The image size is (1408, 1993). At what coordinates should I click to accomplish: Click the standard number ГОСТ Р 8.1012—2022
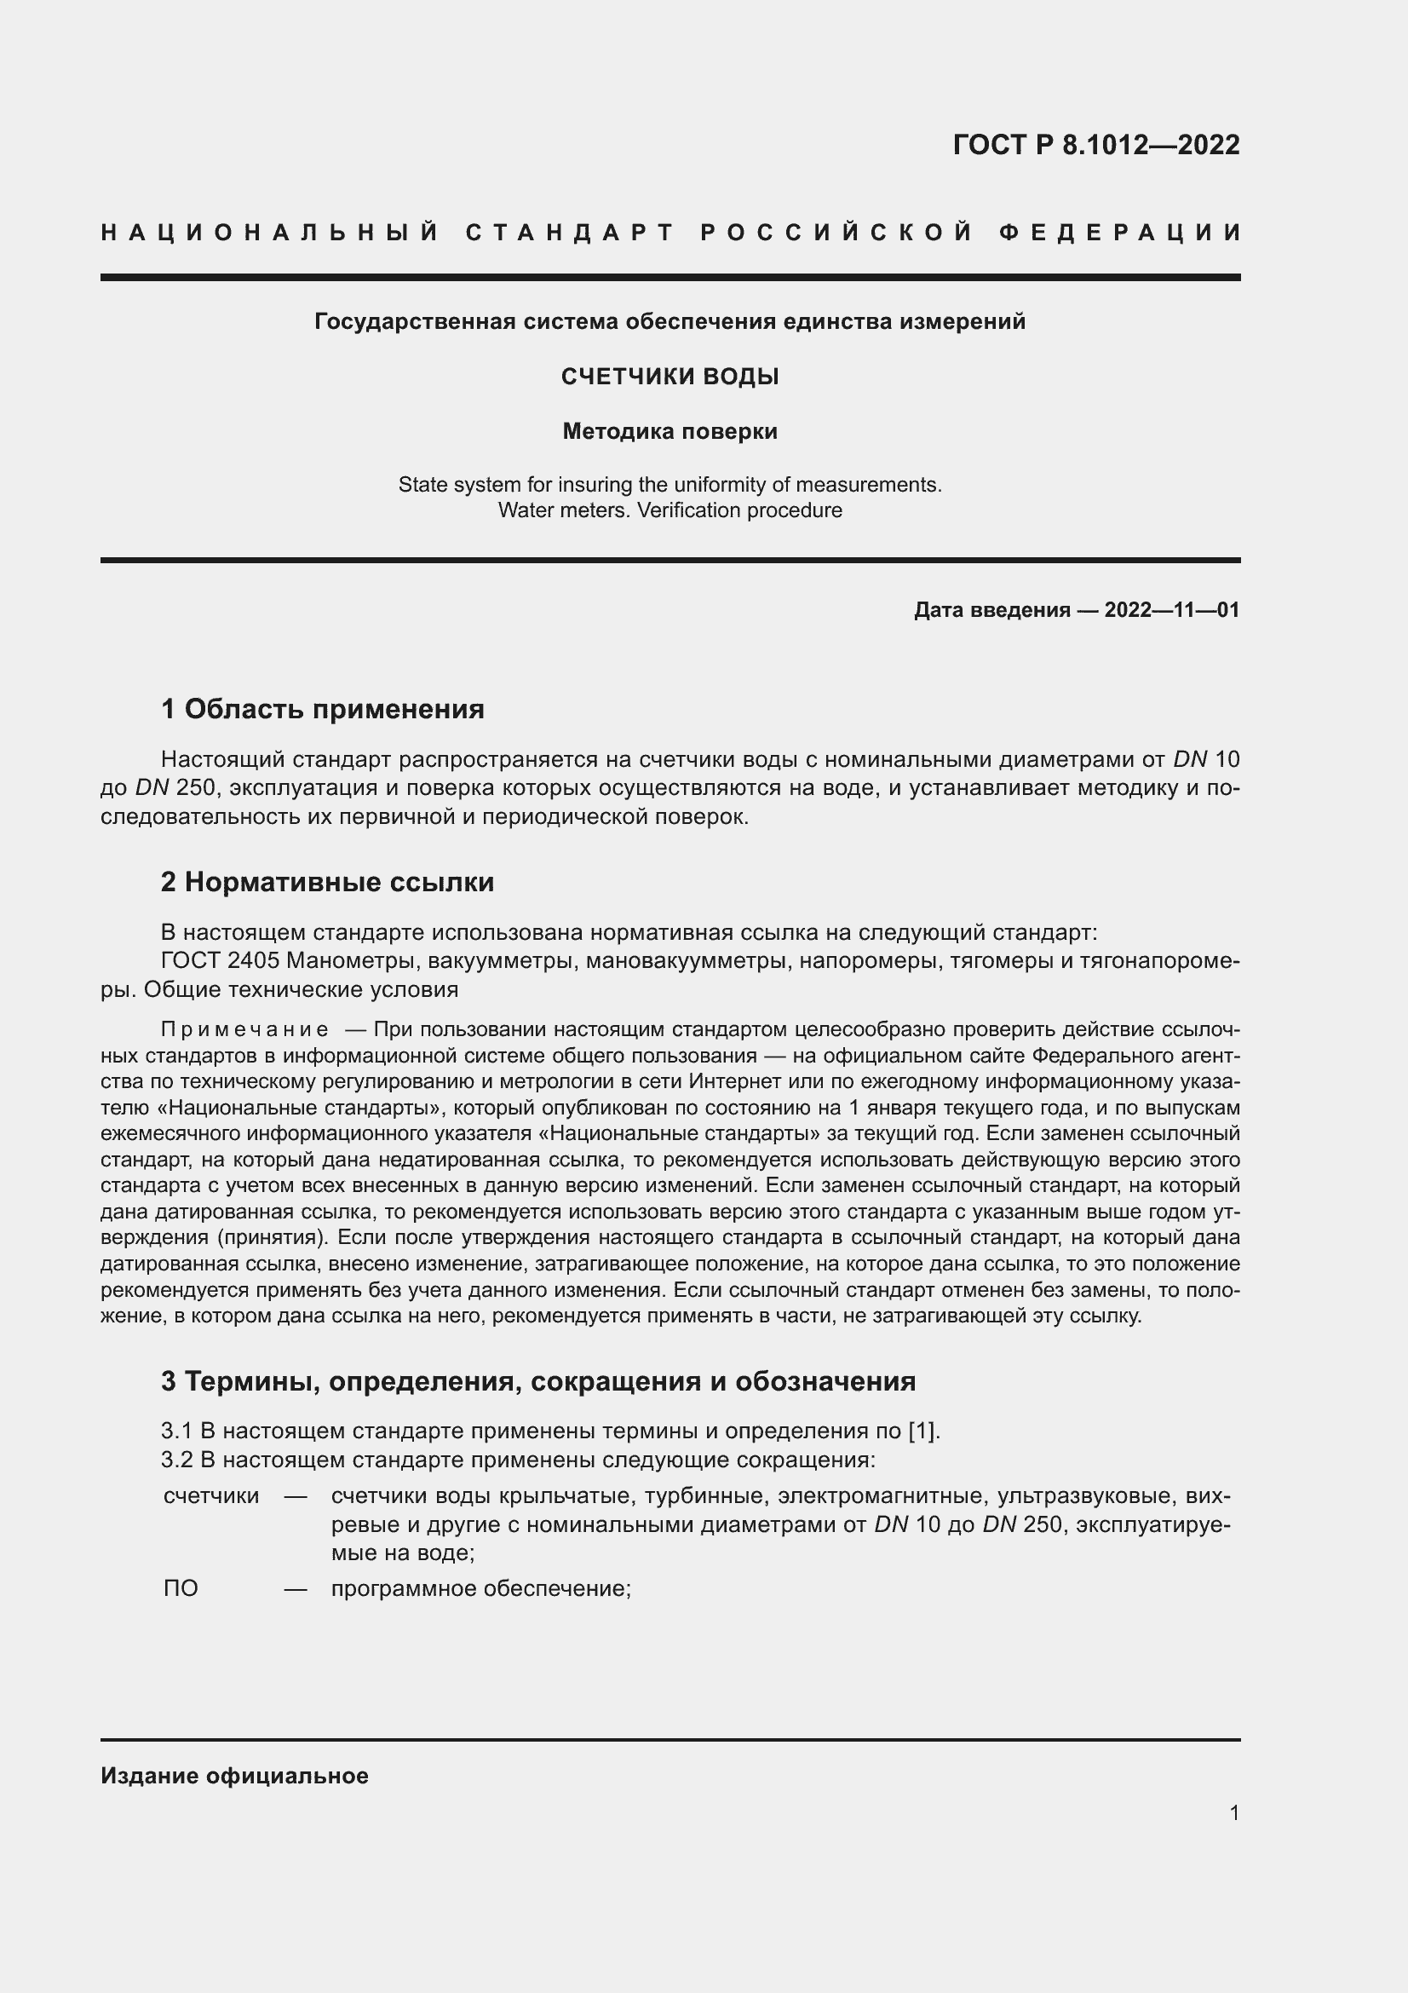coord(1095,145)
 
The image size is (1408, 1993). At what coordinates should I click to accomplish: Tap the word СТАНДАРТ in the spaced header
coord(570,233)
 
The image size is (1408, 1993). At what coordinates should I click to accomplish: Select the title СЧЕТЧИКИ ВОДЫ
coord(670,377)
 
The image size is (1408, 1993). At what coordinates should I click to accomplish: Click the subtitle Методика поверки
coord(670,431)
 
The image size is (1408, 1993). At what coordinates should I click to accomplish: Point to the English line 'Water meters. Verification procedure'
coord(670,510)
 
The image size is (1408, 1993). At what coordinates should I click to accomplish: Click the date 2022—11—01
coord(1171,610)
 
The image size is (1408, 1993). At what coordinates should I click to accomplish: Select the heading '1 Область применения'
coord(323,709)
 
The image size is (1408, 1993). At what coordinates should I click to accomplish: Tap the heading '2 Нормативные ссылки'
coord(328,883)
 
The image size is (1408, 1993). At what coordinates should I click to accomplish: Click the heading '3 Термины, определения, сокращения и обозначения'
coord(537,1381)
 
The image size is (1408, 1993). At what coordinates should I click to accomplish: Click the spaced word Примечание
coord(245,1030)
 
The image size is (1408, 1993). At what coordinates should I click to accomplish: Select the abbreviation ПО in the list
coord(181,1588)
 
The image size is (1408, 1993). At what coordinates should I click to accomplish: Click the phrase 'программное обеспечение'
coord(480,1588)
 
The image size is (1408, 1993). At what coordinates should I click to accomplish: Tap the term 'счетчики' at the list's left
coord(210,1495)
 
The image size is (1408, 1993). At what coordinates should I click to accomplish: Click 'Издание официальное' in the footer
coord(234,1776)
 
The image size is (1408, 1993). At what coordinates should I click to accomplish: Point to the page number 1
coord(1233,1812)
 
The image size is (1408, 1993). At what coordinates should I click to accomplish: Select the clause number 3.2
coord(177,1459)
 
